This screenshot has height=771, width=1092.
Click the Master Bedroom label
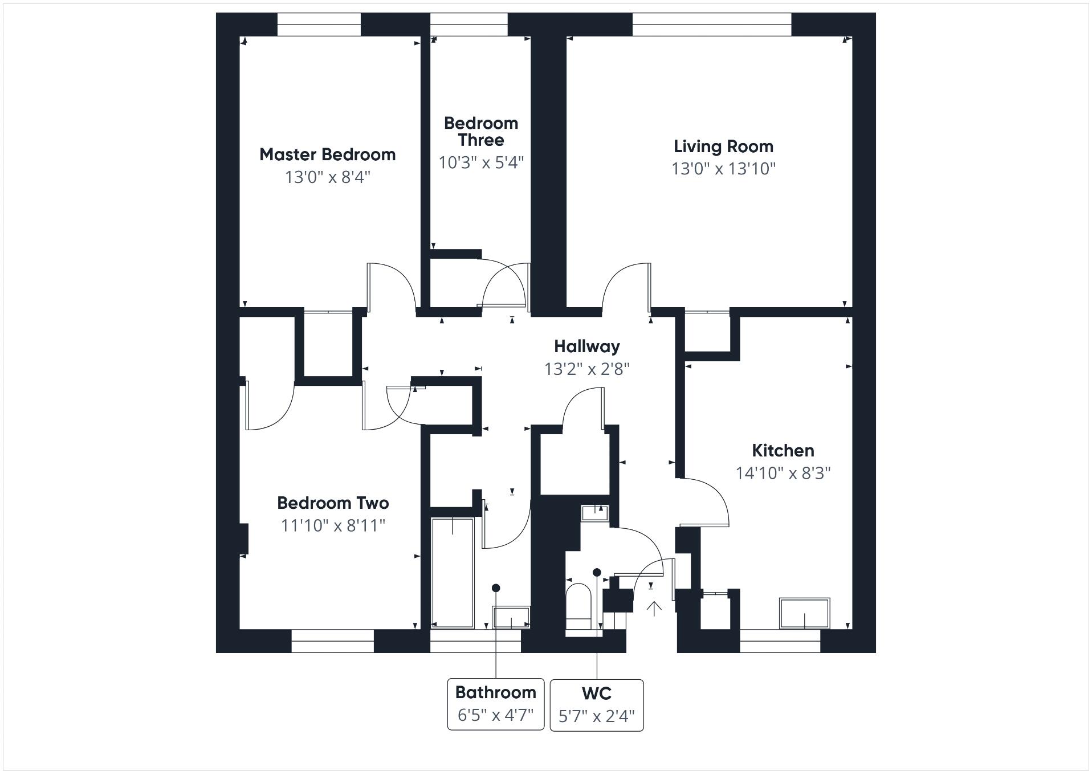coord(327,154)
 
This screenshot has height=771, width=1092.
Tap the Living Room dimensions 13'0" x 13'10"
coord(723,169)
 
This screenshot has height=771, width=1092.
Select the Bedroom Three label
coord(481,132)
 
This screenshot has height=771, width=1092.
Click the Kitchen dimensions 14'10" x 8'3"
coord(783,473)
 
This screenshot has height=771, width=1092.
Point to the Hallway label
coord(586,346)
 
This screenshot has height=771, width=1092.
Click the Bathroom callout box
coord(495,704)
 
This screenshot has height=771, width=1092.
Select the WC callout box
coord(596,705)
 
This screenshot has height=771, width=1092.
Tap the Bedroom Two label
coord(333,503)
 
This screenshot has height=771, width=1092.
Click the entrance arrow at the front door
coord(654,609)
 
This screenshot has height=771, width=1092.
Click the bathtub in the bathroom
coord(453,572)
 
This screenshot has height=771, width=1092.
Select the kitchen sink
coord(804,613)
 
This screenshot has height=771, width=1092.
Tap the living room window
coord(711,25)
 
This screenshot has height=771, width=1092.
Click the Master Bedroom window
coord(319,25)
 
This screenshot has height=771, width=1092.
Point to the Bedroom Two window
coord(332,641)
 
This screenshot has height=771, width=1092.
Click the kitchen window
coord(780,641)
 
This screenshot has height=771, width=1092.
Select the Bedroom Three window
coord(468,25)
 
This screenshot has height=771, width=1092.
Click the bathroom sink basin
coord(511,618)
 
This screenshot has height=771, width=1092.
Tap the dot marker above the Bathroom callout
coord(496,588)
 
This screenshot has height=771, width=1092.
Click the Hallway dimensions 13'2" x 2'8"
coord(586,369)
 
